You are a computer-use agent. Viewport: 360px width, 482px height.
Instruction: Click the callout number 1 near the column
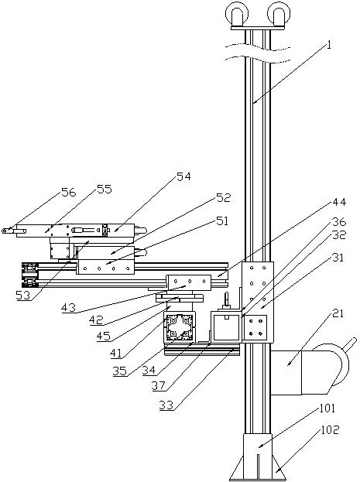click(x=329, y=46)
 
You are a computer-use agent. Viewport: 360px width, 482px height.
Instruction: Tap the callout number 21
click(x=338, y=314)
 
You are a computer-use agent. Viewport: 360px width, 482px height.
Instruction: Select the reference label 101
click(x=327, y=409)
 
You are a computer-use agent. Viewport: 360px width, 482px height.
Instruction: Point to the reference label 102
click(x=330, y=429)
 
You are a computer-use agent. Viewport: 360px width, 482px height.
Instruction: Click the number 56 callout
click(x=68, y=193)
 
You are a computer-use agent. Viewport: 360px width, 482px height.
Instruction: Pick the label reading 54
click(x=183, y=176)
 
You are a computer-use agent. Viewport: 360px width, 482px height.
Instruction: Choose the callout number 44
click(x=339, y=202)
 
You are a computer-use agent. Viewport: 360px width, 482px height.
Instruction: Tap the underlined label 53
click(x=23, y=296)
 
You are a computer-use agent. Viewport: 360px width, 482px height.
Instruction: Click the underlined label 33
click(x=166, y=405)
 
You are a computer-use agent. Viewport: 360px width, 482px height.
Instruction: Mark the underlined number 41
click(x=116, y=354)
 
